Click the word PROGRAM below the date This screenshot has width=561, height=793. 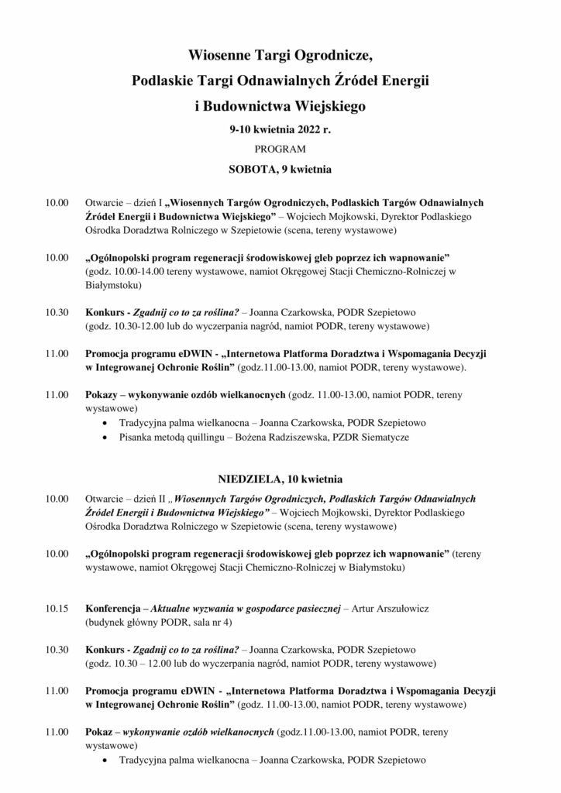click(280, 148)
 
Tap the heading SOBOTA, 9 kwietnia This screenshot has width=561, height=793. click(280, 166)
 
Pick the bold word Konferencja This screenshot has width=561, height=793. click(112, 609)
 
